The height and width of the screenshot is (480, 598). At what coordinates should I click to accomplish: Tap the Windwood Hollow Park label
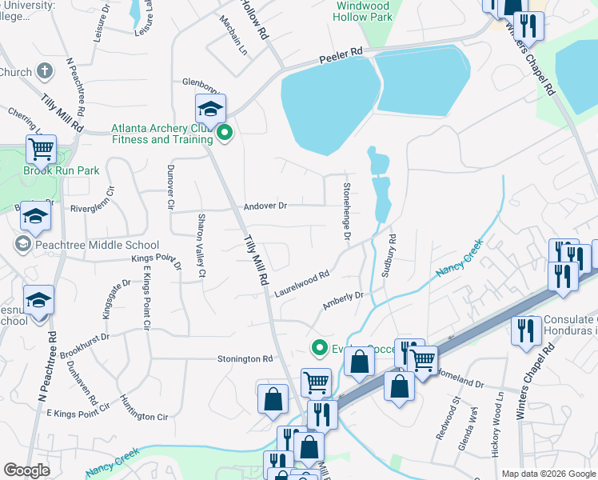point(364,10)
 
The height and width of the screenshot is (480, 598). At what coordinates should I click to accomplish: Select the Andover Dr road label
point(265,206)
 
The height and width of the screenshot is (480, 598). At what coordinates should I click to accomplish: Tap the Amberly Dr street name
point(343,301)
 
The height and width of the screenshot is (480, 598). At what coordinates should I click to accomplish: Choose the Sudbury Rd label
point(390,255)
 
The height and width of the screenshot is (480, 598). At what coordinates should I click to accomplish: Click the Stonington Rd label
point(245,359)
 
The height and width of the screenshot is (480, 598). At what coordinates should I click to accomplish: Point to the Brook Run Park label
point(61,170)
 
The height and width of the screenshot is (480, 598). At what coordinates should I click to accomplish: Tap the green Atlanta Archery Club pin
point(225,134)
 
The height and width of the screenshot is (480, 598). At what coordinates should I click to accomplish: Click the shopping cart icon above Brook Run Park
point(41,149)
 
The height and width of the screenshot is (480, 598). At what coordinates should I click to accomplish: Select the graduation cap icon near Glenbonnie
point(211,109)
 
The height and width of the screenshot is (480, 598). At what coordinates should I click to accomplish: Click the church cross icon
point(44,72)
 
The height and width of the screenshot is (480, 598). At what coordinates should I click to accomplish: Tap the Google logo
point(26,470)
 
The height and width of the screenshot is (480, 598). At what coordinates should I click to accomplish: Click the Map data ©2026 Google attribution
point(548,474)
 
